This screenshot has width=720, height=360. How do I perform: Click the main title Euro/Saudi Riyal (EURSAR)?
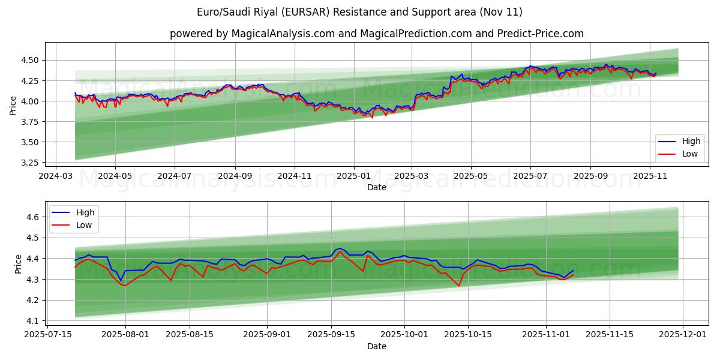click(x=359, y=12)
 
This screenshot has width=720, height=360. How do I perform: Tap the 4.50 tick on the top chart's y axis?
click(x=30, y=60)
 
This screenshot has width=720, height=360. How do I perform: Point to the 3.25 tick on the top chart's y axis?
click(x=30, y=163)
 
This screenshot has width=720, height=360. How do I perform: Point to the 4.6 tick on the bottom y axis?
click(x=34, y=217)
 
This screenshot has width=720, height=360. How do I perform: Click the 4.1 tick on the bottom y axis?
click(x=34, y=321)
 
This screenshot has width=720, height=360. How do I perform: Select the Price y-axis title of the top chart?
click(x=13, y=105)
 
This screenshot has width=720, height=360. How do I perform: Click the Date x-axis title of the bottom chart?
click(x=376, y=346)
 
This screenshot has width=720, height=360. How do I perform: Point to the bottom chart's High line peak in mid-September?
click(x=340, y=248)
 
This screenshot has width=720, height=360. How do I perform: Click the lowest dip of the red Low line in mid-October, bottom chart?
click(x=459, y=286)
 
